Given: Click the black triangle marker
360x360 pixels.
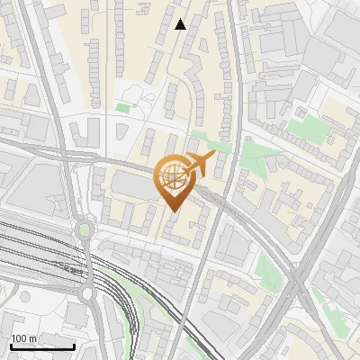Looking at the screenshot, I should (x=181, y=24).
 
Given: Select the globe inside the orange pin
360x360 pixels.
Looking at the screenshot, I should (x=172, y=176).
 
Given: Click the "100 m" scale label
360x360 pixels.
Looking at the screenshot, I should (x=24, y=338).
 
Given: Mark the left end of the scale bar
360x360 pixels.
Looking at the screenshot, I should (x=11, y=346).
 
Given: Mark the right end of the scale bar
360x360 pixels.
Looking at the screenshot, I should (x=75, y=346).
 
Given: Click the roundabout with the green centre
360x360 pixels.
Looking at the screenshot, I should (x=85, y=229).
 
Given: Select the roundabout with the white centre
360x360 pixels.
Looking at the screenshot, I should (x=88, y=293).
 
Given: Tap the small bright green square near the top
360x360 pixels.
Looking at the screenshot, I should (x=122, y=108).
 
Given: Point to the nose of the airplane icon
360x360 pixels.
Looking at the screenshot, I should (x=214, y=157).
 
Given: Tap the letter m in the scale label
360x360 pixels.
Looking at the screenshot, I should (x=32, y=338).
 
